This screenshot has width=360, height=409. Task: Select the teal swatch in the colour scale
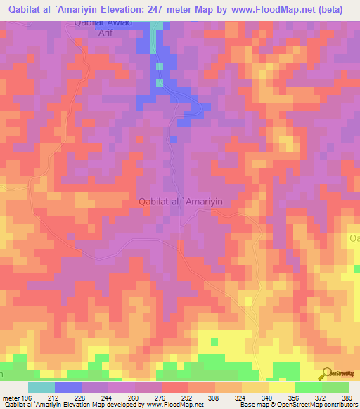tap(41, 387)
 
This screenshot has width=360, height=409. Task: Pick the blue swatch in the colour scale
tap(68, 387)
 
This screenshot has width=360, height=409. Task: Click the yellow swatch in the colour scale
tap(282, 387)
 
